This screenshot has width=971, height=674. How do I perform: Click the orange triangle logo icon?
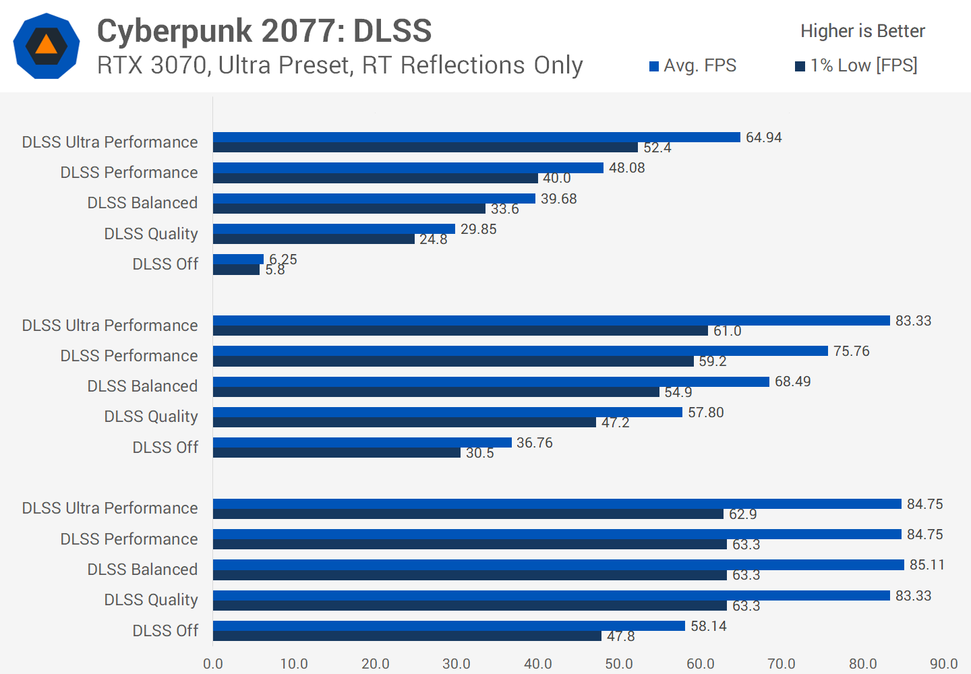click(46, 45)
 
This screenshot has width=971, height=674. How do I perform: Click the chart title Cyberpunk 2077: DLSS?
click(264, 31)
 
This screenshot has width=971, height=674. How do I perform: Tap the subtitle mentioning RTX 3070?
click(340, 65)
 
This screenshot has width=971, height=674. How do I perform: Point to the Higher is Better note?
click(862, 31)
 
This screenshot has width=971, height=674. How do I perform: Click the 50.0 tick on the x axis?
click(619, 663)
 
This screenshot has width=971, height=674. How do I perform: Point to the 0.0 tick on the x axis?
click(213, 663)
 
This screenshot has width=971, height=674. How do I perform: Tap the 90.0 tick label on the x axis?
click(943, 663)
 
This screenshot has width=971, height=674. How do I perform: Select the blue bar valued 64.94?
click(476, 137)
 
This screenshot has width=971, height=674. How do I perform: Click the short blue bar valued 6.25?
click(238, 259)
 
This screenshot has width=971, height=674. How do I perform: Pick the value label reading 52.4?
click(657, 148)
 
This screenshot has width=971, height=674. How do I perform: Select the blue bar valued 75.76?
click(520, 350)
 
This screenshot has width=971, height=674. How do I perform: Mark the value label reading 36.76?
click(535, 443)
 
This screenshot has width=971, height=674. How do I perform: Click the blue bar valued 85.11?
click(558, 564)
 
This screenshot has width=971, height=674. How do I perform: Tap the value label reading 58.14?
click(709, 626)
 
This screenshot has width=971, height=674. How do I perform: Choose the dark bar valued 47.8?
click(407, 636)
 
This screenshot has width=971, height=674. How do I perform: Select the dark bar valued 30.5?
click(336, 453)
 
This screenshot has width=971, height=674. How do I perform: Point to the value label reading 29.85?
click(479, 229)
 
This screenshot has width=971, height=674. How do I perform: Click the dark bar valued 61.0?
click(461, 331)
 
